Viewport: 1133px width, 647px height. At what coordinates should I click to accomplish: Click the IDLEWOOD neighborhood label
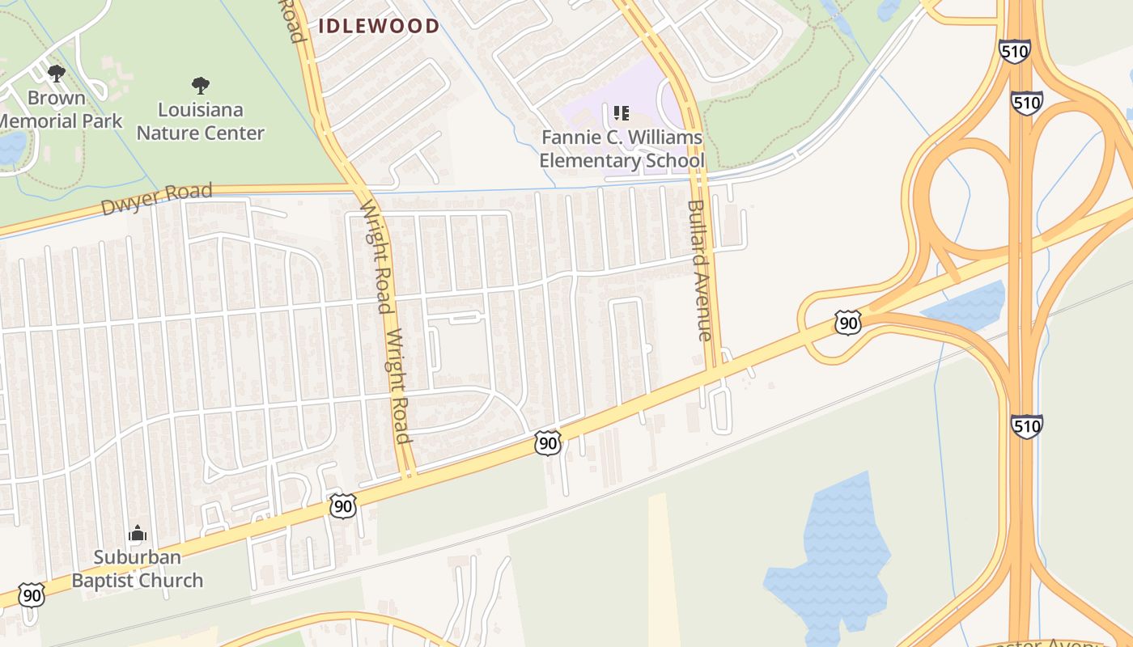tap(379, 26)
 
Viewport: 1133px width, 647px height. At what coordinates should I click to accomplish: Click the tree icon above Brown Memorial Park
tap(56, 74)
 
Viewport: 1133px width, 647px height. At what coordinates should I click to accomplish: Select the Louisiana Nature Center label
tap(200, 121)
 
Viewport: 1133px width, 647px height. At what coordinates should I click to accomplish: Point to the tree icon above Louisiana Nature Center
tap(200, 85)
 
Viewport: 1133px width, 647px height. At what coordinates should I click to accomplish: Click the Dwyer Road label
tap(156, 199)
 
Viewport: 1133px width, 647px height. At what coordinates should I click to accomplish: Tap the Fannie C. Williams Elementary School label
tap(622, 149)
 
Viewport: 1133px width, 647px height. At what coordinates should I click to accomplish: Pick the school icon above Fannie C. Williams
tap(621, 113)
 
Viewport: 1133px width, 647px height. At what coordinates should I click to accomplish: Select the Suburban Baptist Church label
tap(137, 569)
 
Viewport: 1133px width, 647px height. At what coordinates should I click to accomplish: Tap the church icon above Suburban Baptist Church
tap(137, 534)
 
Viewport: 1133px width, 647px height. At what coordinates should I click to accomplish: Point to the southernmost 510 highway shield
tap(1026, 425)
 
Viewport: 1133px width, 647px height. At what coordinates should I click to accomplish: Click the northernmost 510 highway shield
tap(1014, 52)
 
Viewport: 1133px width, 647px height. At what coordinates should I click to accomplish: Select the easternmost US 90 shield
tap(848, 323)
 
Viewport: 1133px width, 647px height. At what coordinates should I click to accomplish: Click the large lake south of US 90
tap(830, 558)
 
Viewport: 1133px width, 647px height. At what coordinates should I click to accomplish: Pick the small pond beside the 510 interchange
tap(967, 306)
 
